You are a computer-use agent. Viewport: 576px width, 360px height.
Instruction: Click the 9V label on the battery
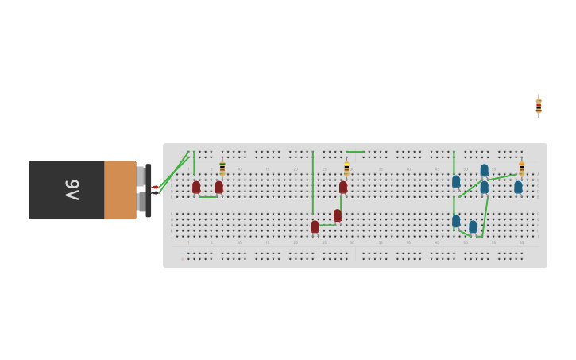click(x=72, y=190)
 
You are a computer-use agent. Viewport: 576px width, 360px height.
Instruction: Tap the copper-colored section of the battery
click(x=120, y=190)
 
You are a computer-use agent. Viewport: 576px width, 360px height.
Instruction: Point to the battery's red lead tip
click(x=155, y=188)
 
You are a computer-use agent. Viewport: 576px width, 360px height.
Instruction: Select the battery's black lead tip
click(x=155, y=193)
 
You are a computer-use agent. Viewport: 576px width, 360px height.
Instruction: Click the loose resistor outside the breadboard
click(x=539, y=106)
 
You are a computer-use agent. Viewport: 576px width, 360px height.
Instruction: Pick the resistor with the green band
click(x=222, y=168)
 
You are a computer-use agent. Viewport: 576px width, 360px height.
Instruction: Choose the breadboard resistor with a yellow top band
click(x=346, y=168)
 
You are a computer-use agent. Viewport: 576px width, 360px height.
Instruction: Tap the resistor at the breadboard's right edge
click(x=521, y=168)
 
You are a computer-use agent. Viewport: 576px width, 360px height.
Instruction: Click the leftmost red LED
click(x=196, y=187)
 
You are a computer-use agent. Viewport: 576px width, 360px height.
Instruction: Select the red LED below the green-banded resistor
click(x=219, y=188)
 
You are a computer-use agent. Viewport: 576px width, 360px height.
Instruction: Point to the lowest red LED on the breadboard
click(x=315, y=226)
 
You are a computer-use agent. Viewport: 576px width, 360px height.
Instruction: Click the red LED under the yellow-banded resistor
click(x=343, y=188)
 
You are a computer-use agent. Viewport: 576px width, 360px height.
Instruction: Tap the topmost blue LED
click(x=485, y=170)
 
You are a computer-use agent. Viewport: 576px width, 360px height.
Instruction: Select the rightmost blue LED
click(x=518, y=188)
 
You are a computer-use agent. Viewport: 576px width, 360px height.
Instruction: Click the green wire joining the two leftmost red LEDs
click(x=207, y=196)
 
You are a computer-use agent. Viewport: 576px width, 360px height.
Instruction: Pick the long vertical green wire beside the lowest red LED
click(x=313, y=183)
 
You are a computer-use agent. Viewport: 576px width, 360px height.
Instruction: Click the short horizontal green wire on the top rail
click(x=355, y=152)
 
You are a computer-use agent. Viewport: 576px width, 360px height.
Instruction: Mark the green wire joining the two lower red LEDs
click(x=327, y=225)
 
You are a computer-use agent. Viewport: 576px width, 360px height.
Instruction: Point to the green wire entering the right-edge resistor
click(x=503, y=177)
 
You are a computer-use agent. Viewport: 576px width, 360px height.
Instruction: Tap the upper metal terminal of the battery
click(x=141, y=176)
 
